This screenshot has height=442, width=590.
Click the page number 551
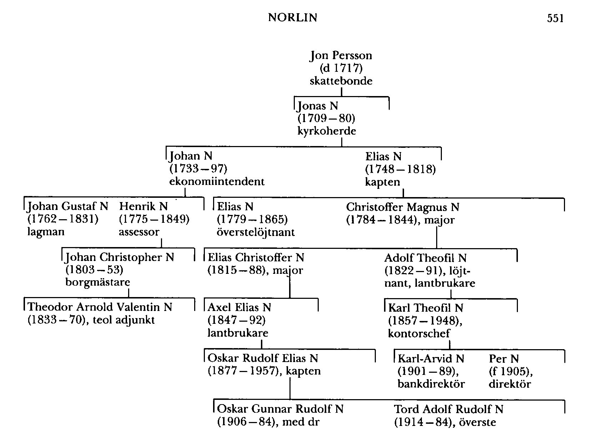(x=555, y=18)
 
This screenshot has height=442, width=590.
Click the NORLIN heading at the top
(x=292, y=17)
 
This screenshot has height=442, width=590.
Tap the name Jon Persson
(x=341, y=55)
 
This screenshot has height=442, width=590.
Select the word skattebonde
(x=341, y=81)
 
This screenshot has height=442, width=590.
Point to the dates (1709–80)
(x=326, y=118)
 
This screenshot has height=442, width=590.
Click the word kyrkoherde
(x=327, y=131)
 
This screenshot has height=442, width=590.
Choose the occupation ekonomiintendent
(x=217, y=181)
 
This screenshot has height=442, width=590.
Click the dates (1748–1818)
(x=400, y=169)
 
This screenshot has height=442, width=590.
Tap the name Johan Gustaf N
(x=68, y=206)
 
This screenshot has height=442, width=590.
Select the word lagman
(x=46, y=232)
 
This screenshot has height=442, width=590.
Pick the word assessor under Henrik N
(x=139, y=232)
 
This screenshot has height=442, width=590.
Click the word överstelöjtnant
(x=256, y=232)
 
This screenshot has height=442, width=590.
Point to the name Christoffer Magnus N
(x=403, y=207)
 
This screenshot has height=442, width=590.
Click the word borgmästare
(x=98, y=282)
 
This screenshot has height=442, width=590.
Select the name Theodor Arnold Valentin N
(x=100, y=307)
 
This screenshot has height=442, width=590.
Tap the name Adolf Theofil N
(x=425, y=258)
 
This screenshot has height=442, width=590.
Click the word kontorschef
(x=419, y=333)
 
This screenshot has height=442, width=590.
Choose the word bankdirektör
(x=431, y=384)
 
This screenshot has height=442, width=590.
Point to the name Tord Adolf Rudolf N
(x=449, y=409)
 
